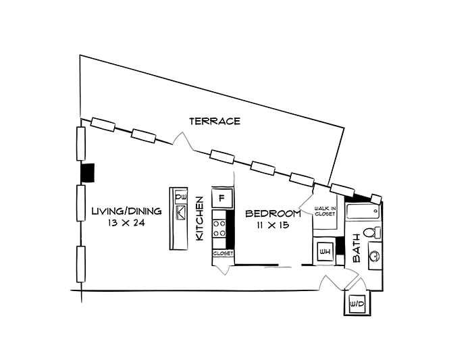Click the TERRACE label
point(215,122)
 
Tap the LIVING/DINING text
point(126,211)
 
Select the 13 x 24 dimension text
point(126,223)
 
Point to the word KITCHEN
point(200,220)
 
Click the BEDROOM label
point(273,214)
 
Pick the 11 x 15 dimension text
point(273,226)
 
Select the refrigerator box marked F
point(222,198)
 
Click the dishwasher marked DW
point(180,198)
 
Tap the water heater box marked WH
point(325,253)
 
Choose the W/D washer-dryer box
point(355,305)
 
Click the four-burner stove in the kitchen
point(220,227)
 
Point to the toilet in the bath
point(370,234)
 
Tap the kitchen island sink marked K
point(180,213)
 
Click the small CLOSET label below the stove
point(223,253)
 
